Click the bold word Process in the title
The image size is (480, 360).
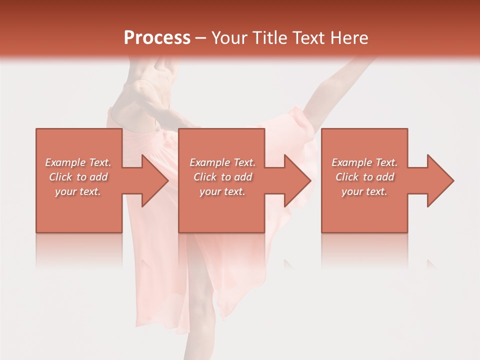pos(157,38)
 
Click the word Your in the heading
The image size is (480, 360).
pos(231,38)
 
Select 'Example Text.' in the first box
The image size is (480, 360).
pos(78,162)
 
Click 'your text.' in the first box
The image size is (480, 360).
pos(78,191)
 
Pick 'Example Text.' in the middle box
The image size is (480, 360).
pos(222,162)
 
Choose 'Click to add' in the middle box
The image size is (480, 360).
pos(222,177)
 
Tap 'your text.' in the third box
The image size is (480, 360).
pos(364,191)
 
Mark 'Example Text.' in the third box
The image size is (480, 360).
pos(364,162)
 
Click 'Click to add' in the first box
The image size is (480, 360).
pos(78,177)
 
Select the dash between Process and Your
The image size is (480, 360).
pos(201,38)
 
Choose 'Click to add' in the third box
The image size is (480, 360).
pos(364,177)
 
